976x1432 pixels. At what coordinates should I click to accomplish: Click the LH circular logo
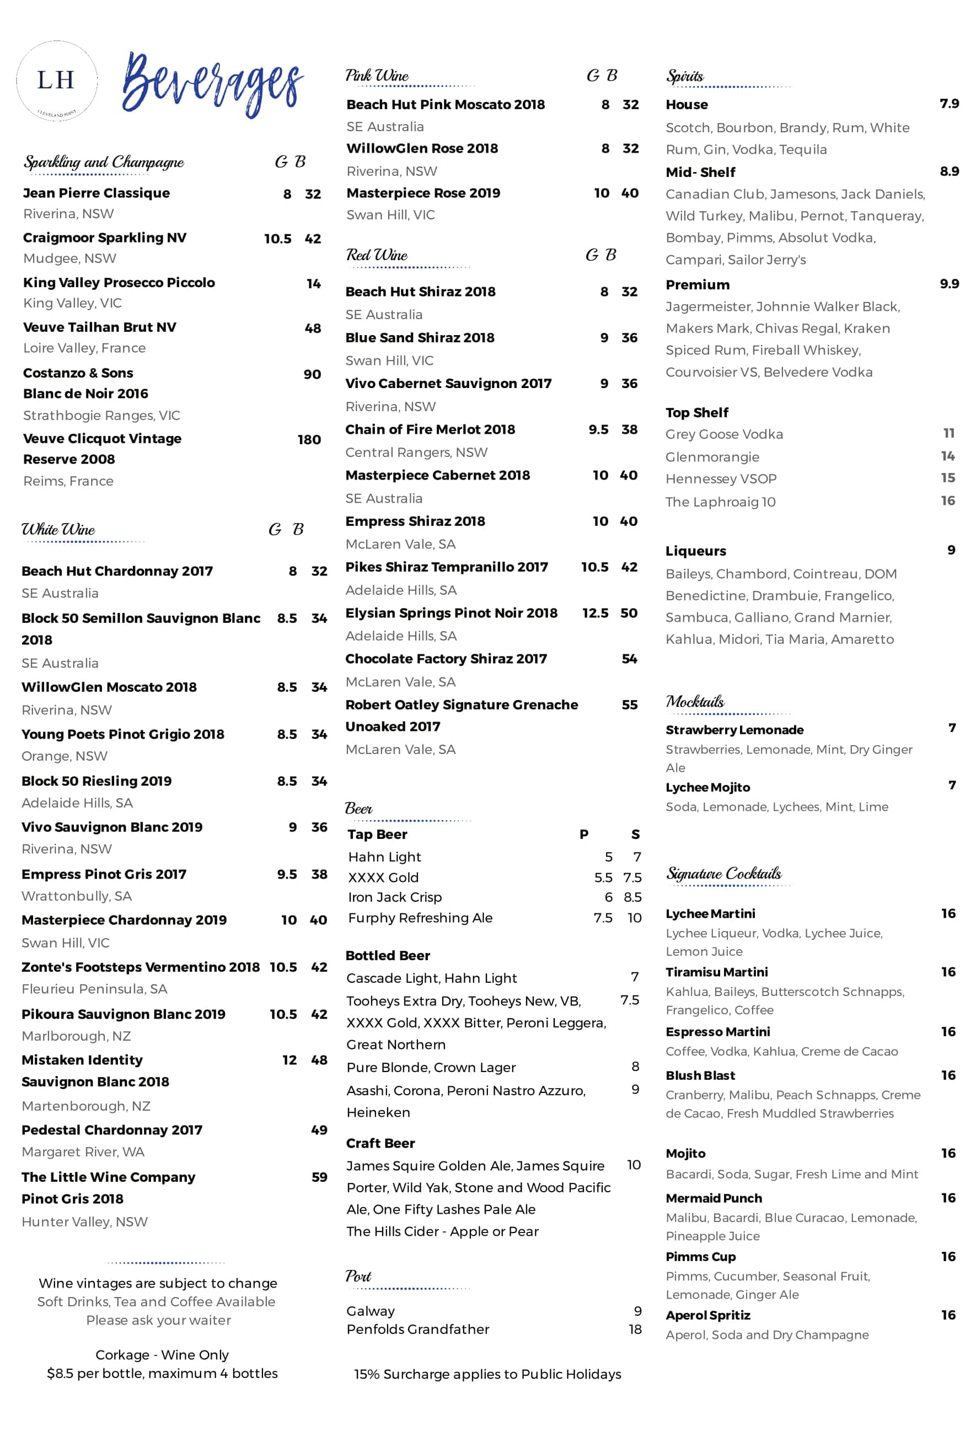click(56, 80)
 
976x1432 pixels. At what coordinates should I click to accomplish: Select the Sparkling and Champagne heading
click(104, 162)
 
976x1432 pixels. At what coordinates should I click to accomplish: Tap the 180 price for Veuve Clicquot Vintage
click(309, 440)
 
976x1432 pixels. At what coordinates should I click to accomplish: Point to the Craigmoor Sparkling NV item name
click(105, 238)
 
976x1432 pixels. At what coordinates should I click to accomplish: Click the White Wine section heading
click(58, 530)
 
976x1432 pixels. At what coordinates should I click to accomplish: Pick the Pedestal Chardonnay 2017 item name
click(111, 1130)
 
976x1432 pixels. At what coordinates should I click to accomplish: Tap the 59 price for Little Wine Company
click(319, 1177)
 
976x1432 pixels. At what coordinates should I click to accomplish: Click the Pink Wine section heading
click(377, 76)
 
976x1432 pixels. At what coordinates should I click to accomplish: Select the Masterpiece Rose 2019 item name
click(423, 193)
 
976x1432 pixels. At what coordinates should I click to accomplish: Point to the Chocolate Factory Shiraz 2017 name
click(446, 659)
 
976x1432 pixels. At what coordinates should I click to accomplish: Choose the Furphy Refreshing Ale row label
click(420, 918)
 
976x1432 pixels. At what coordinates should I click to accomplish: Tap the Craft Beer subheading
click(380, 1144)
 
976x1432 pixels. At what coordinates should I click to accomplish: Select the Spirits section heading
click(684, 77)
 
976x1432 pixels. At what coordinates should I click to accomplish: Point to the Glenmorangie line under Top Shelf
click(712, 457)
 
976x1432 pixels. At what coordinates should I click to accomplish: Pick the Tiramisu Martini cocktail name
click(716, 972)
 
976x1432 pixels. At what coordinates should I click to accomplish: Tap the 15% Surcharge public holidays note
click(487, 1375)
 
